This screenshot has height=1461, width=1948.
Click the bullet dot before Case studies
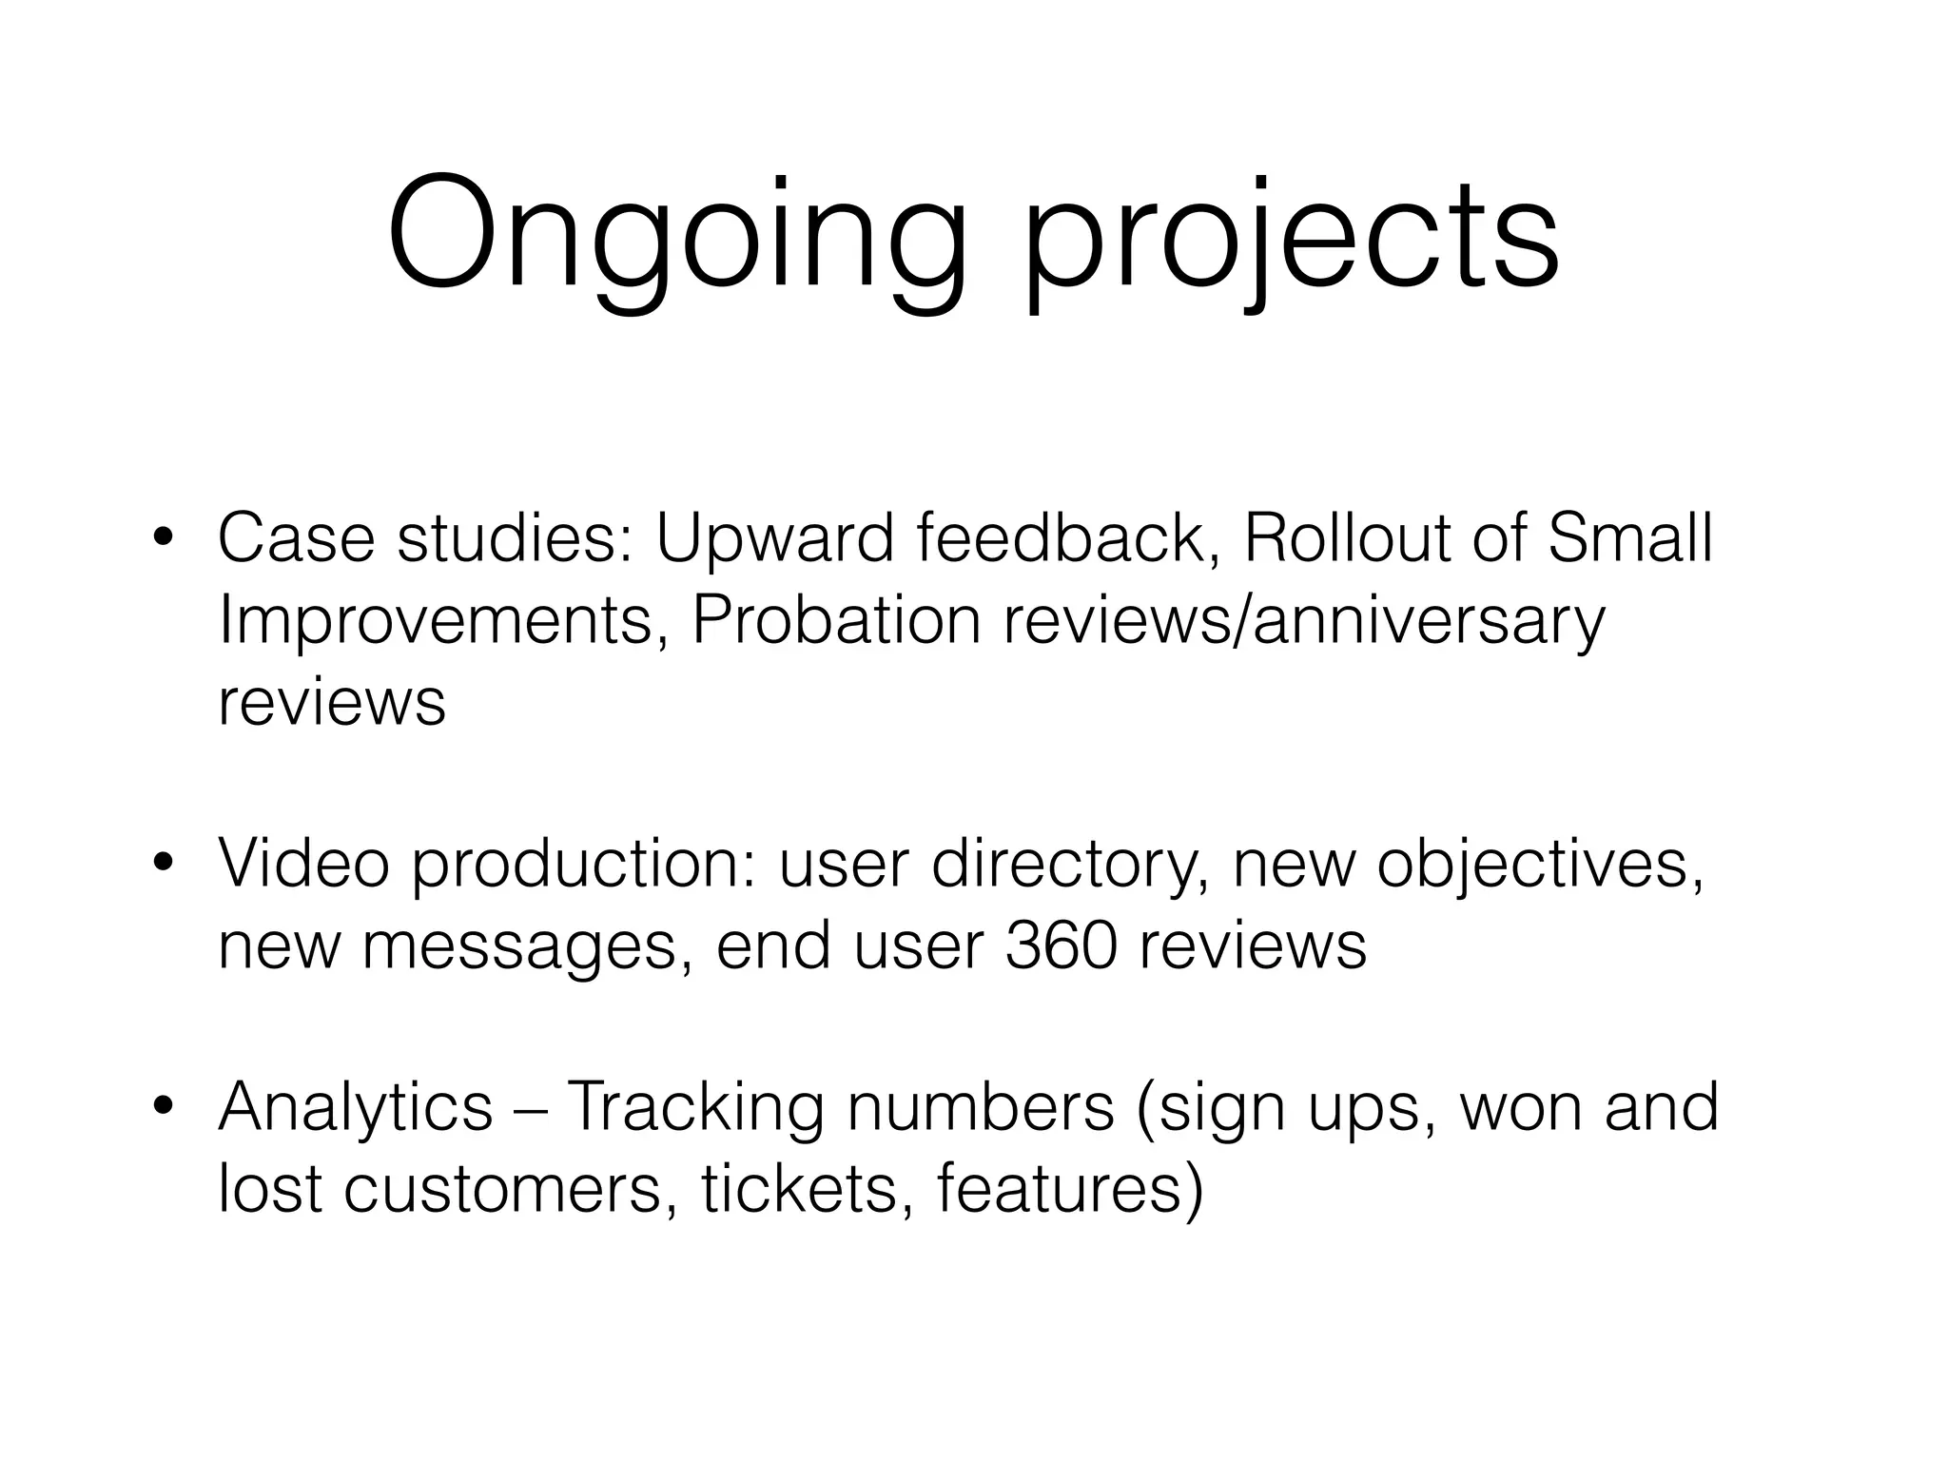(165, 539)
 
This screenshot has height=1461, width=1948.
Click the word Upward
(774, 539)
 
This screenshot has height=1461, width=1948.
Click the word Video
(303, 864)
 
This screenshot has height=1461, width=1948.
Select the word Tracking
(694, 1109)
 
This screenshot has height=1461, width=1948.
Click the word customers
(502, 1190)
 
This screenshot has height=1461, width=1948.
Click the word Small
(1630, 539)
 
